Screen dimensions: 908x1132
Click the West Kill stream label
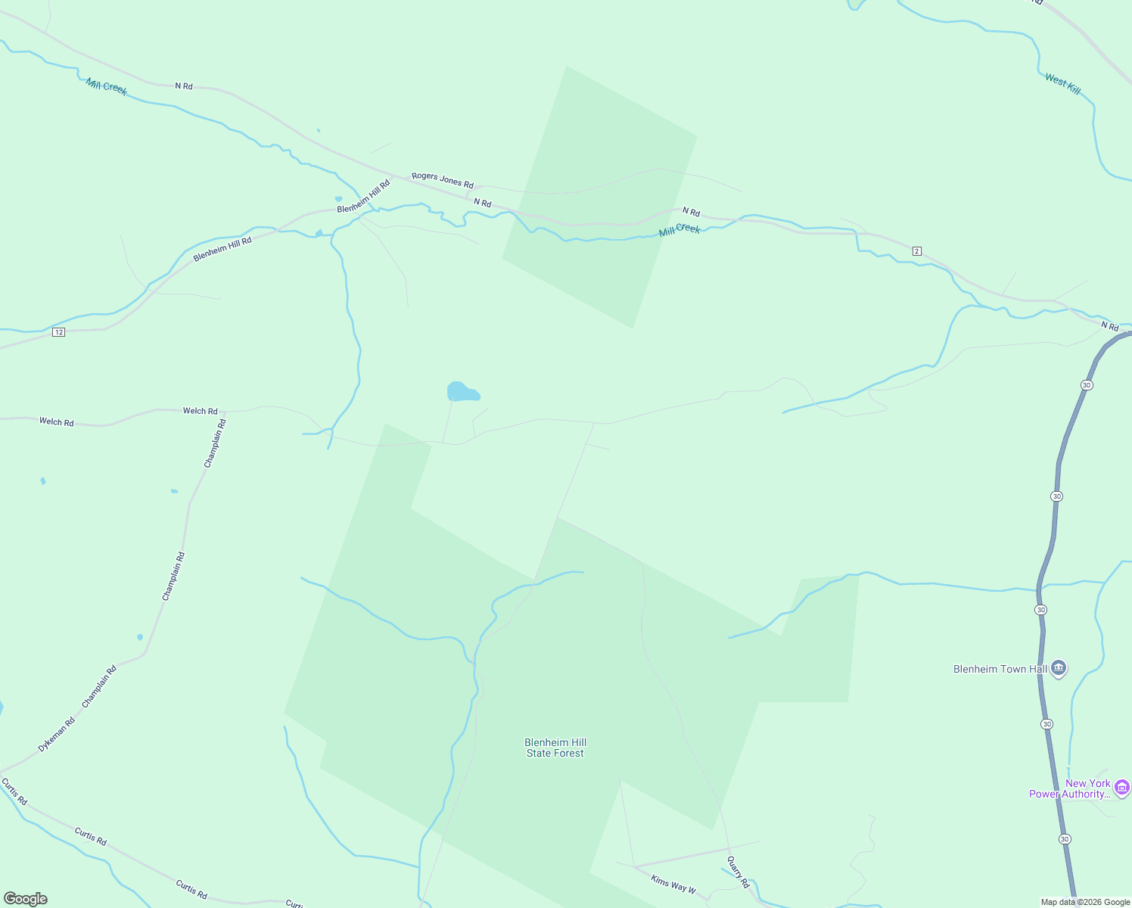point(1062,83)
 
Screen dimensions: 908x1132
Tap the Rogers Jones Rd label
point(443,180)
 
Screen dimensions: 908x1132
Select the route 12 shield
point(58,332)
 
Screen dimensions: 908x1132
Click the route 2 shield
point(917,251)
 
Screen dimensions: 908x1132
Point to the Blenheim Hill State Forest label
point(555,748)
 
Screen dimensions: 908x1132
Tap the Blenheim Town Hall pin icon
point(1059,668)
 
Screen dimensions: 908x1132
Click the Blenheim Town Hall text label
point(1000,669)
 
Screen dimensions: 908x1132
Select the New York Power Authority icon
point(1122,788)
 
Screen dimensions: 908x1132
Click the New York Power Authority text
point(1070,788)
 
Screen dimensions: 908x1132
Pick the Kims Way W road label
point(673,882)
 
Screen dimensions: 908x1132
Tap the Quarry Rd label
point(738,872)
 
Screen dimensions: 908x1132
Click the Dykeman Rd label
point(57,735)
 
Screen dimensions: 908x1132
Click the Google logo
point(26,899)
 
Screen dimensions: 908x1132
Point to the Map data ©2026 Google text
point(1085,902)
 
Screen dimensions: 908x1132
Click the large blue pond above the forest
point(462,392)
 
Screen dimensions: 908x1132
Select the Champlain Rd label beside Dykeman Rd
point(99,686)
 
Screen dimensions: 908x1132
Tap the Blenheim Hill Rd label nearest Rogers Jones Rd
point(363,196)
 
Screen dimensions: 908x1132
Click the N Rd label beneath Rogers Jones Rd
point(483,203)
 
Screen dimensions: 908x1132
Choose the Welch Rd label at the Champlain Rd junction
point(200,411)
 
